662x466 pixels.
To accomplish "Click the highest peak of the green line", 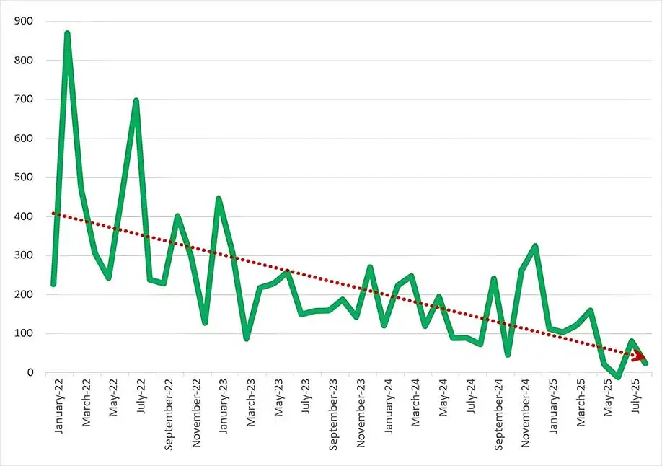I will click(67, 33).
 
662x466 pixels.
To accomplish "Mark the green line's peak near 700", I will click(136, 100).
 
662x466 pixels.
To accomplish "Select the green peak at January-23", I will click(219, 198).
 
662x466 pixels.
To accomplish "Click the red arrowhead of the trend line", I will click(639, 356).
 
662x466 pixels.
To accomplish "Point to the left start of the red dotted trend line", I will click(53, 214).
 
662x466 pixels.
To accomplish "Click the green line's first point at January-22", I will click(53, 284).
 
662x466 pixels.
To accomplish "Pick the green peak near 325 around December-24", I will click(535, 246).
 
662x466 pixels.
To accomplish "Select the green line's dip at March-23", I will click(246, 338).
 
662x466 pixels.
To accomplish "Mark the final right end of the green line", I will click(645, 363).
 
